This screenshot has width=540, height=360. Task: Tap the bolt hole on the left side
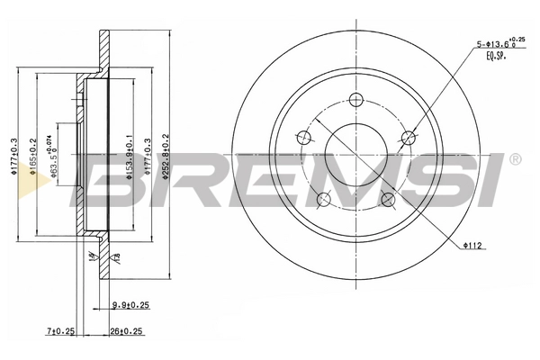point(303,138)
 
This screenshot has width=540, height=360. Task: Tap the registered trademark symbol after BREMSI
point(514,159)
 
